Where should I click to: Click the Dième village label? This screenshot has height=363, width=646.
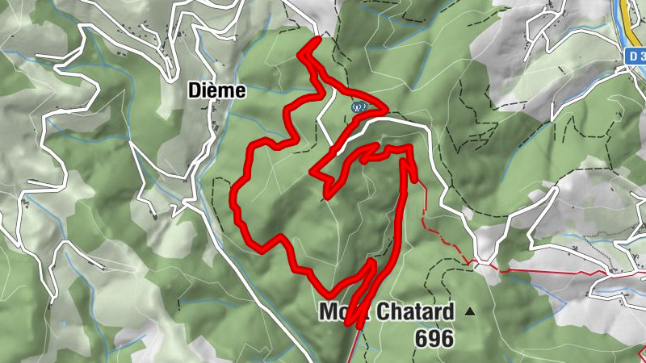(x=216, y=90)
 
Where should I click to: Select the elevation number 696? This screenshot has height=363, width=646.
(x=434, y=340)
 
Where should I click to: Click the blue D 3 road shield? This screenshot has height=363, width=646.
(x=636, y=57)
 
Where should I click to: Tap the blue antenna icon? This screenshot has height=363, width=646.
(x=358, y=106)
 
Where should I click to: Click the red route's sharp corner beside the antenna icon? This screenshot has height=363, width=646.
(x=386, y=109)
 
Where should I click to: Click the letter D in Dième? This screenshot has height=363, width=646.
(x=193, y=90)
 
